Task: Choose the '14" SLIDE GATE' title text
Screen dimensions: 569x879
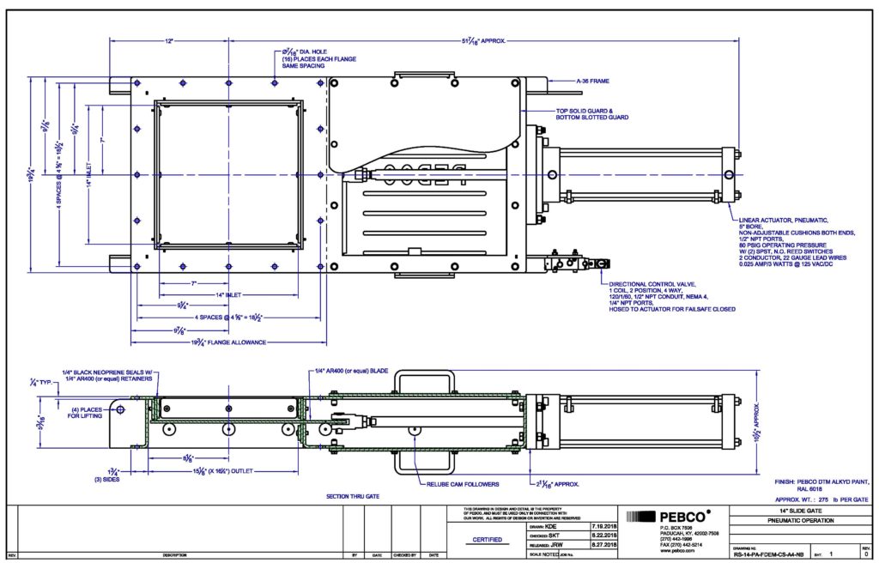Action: click(x=751, y=511)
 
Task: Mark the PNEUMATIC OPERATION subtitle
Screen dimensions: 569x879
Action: click(x=766, y=521)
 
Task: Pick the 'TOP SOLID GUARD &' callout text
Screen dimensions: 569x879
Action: click(x=591, y=110)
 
